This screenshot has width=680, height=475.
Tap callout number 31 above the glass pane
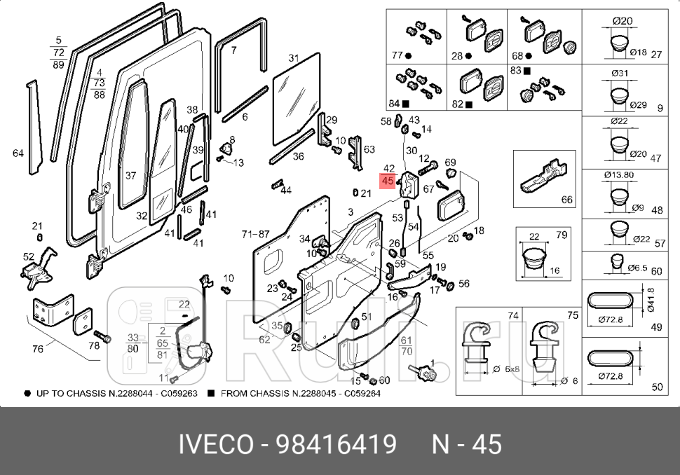(294, 58)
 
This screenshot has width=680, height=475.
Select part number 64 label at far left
(18, 153)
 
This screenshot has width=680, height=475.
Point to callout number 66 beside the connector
(567, 200)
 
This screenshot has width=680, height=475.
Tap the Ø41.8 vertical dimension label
(651, 300)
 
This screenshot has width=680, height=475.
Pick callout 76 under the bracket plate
(38, 348)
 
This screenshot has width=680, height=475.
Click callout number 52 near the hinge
(29, 256)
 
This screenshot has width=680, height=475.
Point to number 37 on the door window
(130, 176)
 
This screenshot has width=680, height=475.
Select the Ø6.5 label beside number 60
(637, 269)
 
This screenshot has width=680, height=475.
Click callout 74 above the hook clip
(513, 316)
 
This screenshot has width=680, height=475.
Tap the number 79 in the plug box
(562, 235)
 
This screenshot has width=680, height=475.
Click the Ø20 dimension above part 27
(622, 21)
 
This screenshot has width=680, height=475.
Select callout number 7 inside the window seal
(233, 50)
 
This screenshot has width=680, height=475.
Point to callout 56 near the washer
(463, 284)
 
